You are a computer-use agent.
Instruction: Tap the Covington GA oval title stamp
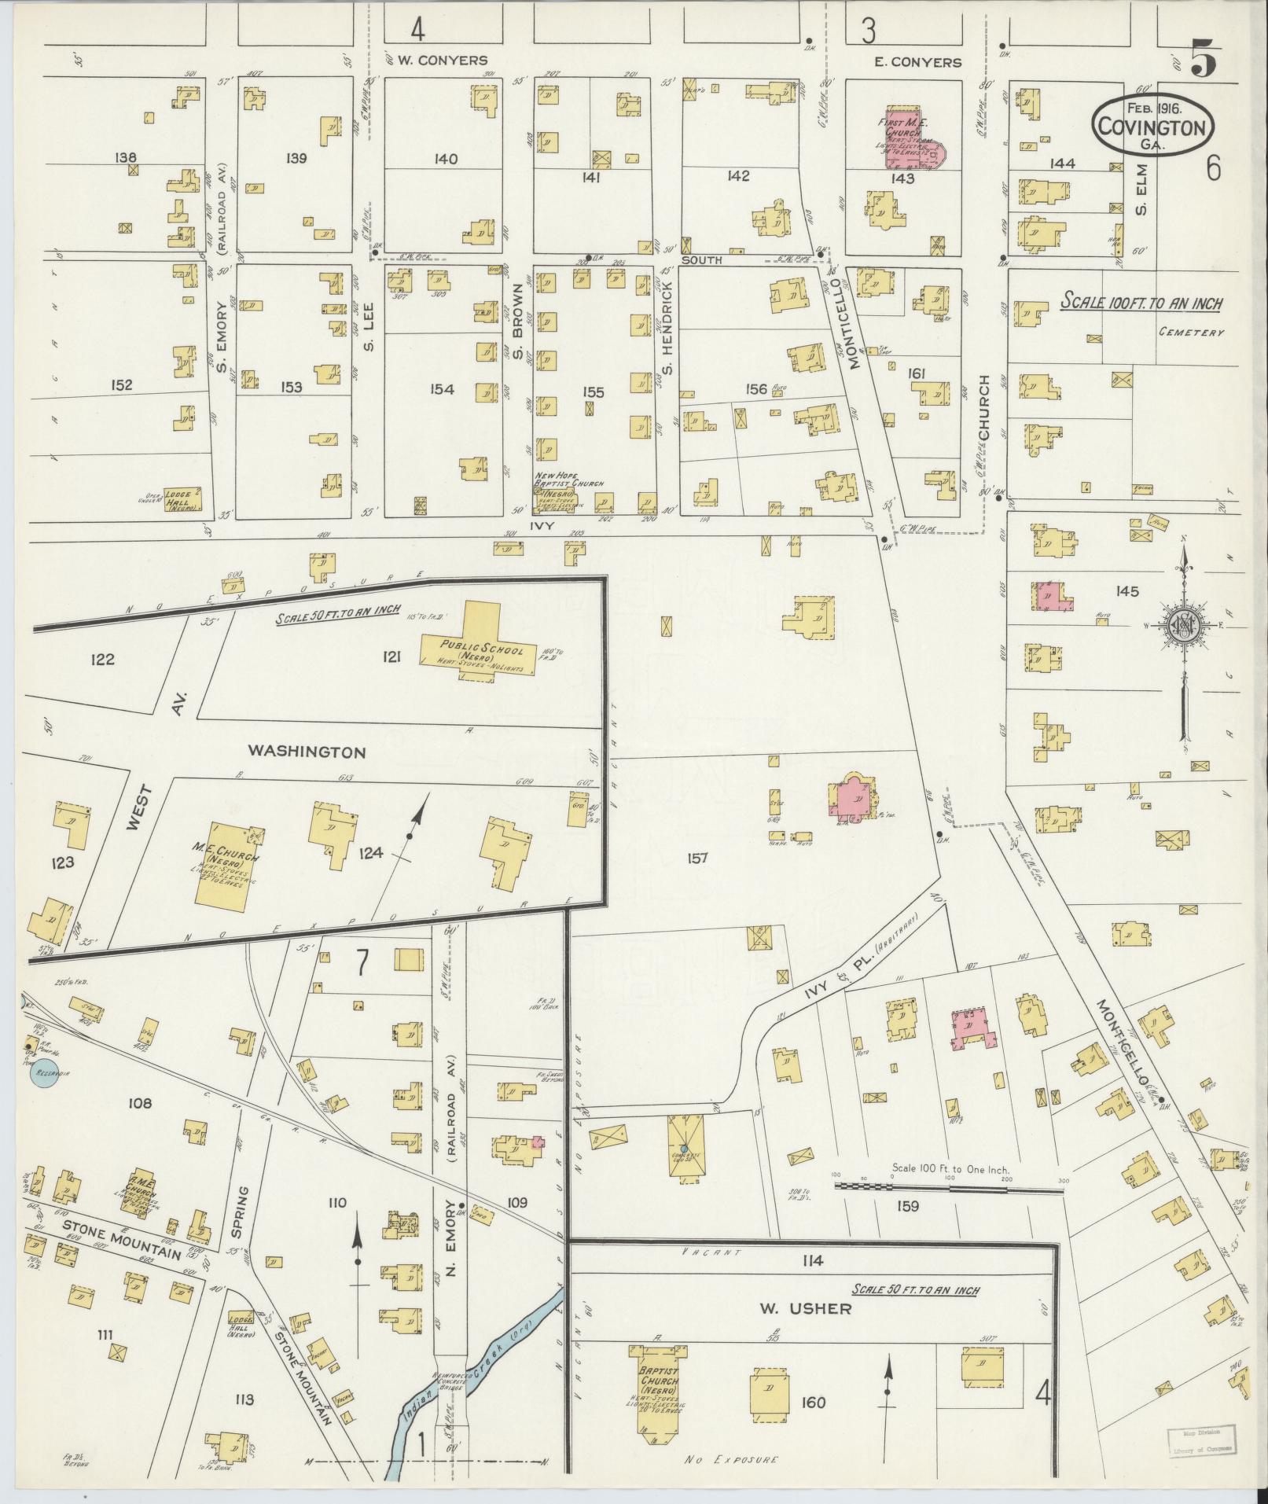click(1152, 123)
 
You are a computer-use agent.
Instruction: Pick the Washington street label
click(307, 752)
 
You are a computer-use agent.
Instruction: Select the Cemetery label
click(1191, 333)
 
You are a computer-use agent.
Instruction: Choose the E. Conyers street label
click(917, 61)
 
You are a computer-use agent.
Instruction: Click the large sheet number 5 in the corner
click(1205, 60)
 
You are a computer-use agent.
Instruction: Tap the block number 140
click(446, 160)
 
